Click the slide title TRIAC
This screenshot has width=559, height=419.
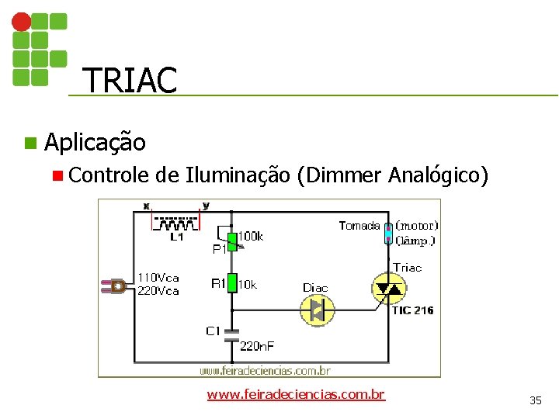coord(129,80)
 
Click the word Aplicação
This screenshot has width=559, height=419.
coord(95,143)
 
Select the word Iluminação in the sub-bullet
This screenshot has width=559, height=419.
coord(238,176)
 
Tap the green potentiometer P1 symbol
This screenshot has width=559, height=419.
coord(231,241)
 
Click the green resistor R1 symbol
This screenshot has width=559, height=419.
coord(231,284)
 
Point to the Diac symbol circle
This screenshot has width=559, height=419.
coord(316,310)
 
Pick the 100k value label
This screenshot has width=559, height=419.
coord(250,236)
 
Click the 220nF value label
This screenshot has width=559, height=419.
coord(257,346)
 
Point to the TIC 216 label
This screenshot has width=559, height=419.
coord(412,310)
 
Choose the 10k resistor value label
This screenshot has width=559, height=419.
coord(248,285)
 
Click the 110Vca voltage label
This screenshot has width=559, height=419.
coord(158,277)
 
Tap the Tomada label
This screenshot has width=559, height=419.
coord(359,226)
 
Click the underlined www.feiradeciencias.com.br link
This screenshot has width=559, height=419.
coord(296,394)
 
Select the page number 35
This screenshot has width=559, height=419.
coord(536,400)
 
